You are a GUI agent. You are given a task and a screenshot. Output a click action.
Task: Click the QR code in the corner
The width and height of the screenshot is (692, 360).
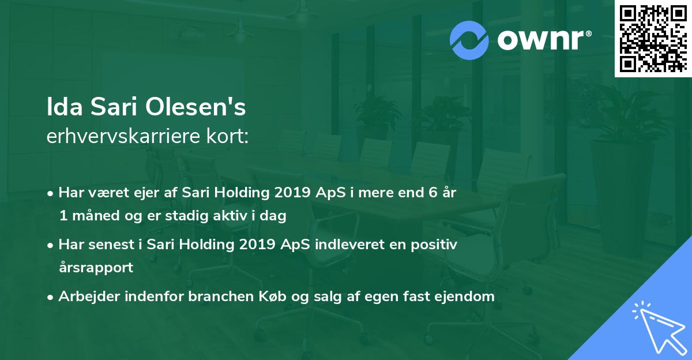tap(653, 38)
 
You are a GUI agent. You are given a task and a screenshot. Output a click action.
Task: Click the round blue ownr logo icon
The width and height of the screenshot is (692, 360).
tap(469, 40)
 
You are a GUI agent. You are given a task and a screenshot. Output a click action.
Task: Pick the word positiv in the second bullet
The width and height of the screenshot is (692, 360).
tap(437, 245)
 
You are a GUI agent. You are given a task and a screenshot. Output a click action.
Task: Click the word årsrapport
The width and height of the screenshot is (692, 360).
tap(95, 268)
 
